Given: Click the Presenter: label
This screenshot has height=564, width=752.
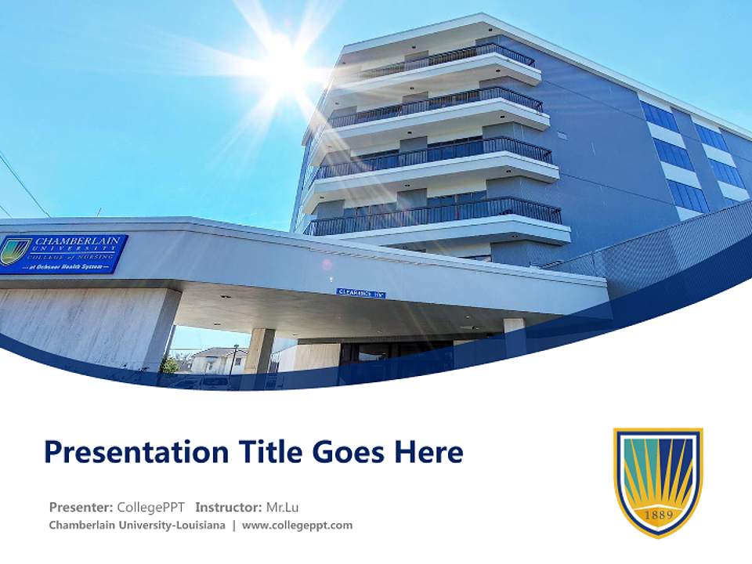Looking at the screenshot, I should pyautogui.click(x=81, y=507).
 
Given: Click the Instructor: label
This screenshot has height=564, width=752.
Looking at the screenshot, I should pyautogui.click(x=229, y=507).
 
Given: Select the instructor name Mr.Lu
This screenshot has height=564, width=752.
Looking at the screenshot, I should pyautogui.click(x=283, y=507).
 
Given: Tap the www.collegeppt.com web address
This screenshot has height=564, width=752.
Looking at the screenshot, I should pyautogui.click(x=297, y=526).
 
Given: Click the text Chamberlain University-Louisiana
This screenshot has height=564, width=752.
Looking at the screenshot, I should pyautogui.click(x=137, y=526).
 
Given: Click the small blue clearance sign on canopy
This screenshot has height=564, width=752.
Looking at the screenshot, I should pyautogui.click(x=361, y=293).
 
